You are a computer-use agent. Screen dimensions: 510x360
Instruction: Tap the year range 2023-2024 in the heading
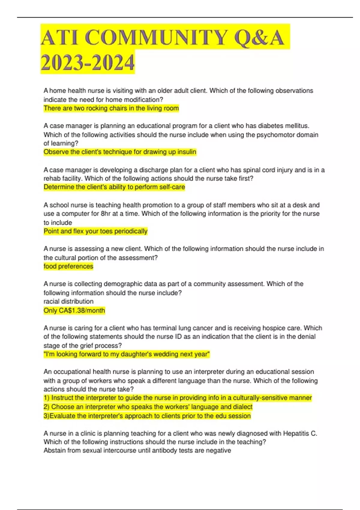click(x=88, y=63)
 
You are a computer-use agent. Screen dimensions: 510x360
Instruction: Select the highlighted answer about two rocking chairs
click(x=111, y=108)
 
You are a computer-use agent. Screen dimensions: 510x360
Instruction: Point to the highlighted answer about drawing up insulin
click(x=120, y=152)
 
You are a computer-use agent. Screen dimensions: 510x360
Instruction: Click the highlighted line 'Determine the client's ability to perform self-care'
click(x=114, y=187)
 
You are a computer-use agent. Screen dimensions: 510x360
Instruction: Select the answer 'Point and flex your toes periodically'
click(x=95, y=231)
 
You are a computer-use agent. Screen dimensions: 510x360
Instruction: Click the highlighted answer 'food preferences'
click(x=68, y=266)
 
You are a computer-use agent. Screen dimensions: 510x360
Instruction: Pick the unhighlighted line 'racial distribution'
click(x=68, y=301)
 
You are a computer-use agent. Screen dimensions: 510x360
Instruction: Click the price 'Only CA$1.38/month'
click(x=74, y=310)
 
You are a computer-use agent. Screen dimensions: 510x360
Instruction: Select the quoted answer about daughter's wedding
click(x=127, y=354)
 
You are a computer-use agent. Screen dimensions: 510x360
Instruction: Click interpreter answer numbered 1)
click(x=178, y=398)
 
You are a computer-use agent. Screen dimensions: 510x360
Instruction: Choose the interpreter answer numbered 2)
click(x=148, y=407)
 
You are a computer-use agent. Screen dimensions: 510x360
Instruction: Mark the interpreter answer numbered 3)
click(x=147, y=416)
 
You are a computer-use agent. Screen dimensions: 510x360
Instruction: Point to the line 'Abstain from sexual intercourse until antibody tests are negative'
click(x=137, y=451)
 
